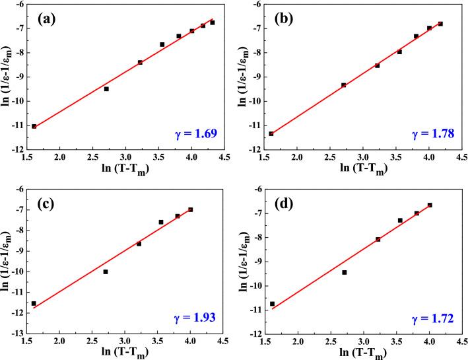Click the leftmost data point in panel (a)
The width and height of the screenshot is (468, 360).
(34, 126)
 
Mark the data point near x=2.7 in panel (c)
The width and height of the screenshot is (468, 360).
(106, 271)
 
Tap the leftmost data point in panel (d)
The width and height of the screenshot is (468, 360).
(272, 304)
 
